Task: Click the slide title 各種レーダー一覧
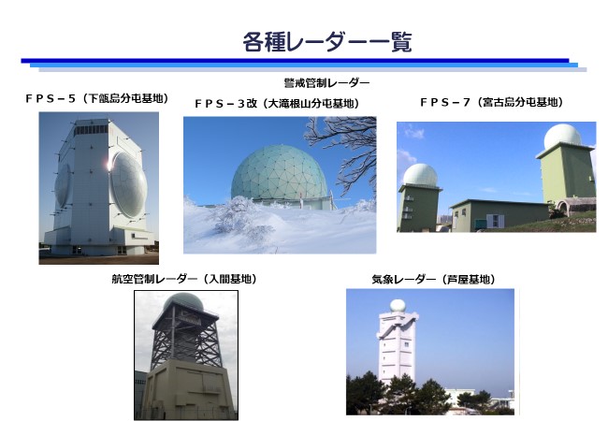326,42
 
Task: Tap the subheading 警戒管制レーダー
326,83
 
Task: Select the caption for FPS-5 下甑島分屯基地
96,98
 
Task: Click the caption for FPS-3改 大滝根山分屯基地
277,104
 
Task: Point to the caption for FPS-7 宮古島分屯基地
491,102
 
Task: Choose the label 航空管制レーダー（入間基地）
184,279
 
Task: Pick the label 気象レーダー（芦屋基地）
433,280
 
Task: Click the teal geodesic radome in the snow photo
279,173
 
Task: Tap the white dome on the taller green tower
562,137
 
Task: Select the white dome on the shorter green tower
420,175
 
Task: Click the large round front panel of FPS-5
129,185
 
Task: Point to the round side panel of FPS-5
64,185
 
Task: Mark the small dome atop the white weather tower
398,306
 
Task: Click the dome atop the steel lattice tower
183,301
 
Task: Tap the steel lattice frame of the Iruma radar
186,335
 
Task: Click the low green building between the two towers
500,215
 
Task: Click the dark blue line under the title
295,61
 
